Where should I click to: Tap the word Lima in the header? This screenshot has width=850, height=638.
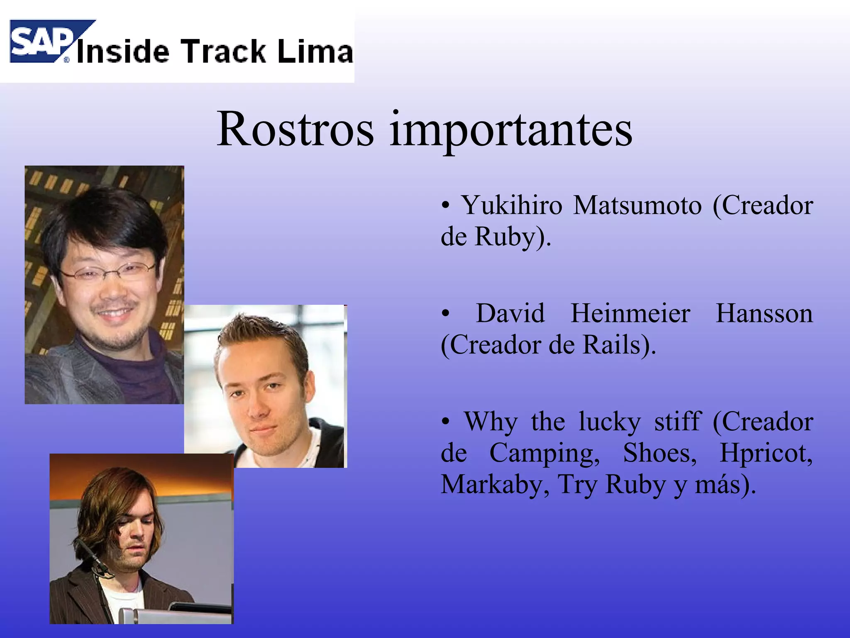click(315, 52)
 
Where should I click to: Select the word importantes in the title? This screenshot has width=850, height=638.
click(511, 130)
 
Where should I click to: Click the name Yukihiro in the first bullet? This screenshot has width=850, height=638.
click(512, 205)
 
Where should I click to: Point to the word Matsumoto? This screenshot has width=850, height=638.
click(637, 205)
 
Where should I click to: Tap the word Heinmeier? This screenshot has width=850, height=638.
click(630, 313)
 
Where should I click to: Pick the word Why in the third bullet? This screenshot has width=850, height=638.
click(491, 422)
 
